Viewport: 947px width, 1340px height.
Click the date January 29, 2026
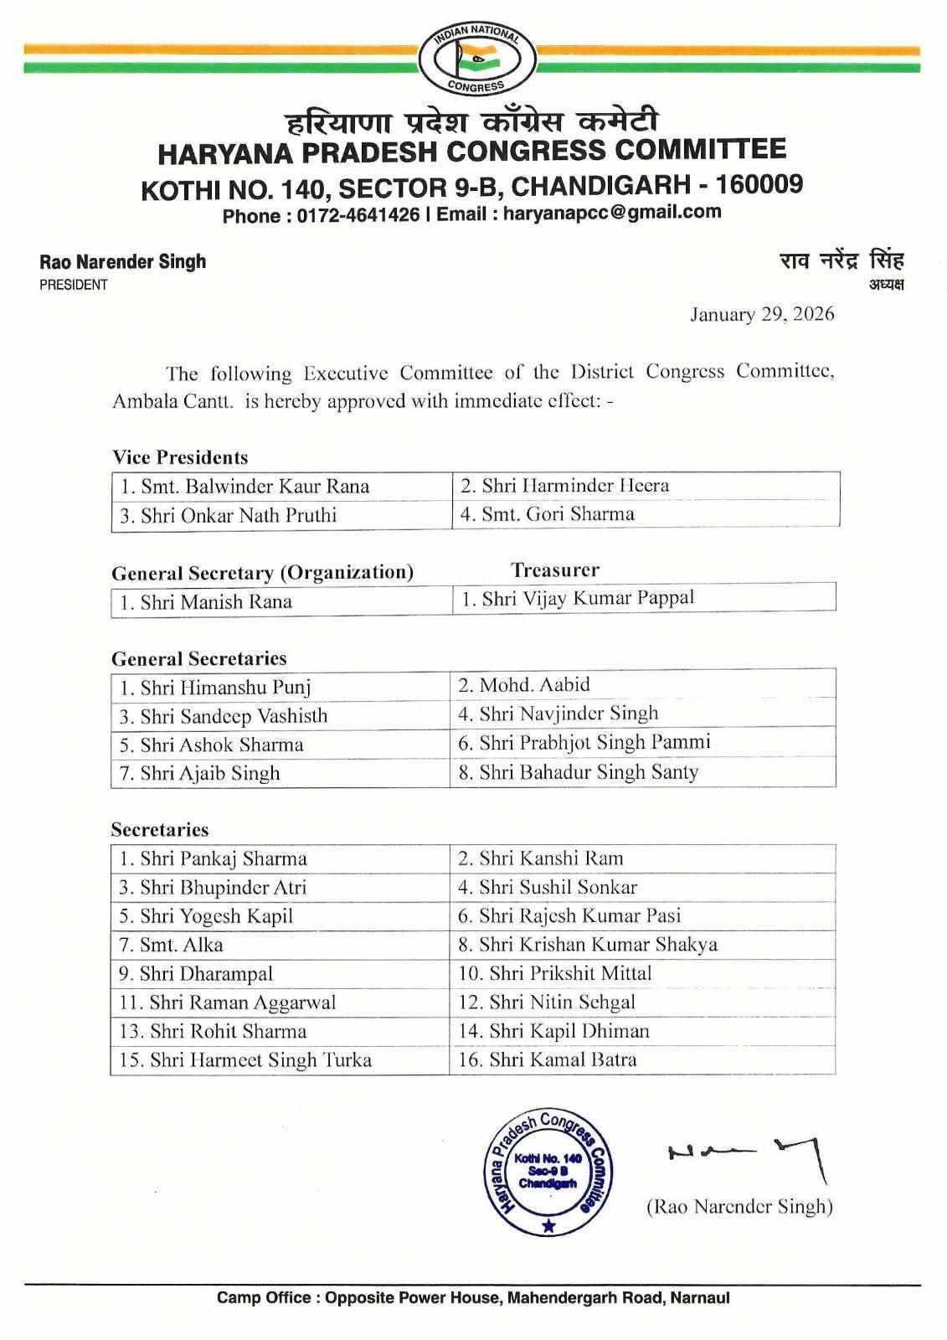pyautogui.click(x=761, y=314)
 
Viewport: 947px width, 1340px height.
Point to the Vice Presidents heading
pyautogui.click(x=180, y=457)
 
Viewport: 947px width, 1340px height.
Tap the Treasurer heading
pyautogui.click(x=555, y=570)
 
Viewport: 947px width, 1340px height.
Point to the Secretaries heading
pyautogui.click(x=160, y=830)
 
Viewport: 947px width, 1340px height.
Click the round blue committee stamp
pyautogui.click(x=549, y=1173)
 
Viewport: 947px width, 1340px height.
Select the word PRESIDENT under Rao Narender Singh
pyautogui.click(x=74, y=285)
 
